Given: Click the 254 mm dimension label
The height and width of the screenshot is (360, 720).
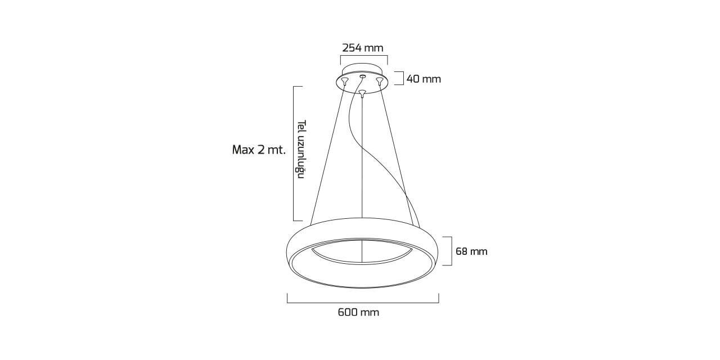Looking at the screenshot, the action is pyautogui.click(x=363, y=48).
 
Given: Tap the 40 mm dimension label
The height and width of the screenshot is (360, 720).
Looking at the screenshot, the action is pyautogui.click(x=424, y=79).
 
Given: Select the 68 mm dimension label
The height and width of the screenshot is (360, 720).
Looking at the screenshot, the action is pyautogui.click(x=471, y=251).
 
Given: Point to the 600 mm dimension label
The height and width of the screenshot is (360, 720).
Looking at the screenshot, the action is pyautogui.click(x=358, y=312).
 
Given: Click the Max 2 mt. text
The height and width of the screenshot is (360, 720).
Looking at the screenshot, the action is pyautogui.click(x=259, y=150).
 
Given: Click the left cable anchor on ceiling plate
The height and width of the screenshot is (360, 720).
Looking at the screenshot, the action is pyautogui.click(x=345, y=80).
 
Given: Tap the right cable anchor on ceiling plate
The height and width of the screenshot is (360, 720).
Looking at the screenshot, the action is pyautogui.click(x=380, y=80).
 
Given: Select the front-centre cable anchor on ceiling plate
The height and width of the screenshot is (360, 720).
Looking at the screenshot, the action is pyautogui.click(x=362, y=93).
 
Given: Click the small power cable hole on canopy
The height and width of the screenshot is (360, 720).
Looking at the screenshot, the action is pyautogui.click(x=363, y=76).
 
